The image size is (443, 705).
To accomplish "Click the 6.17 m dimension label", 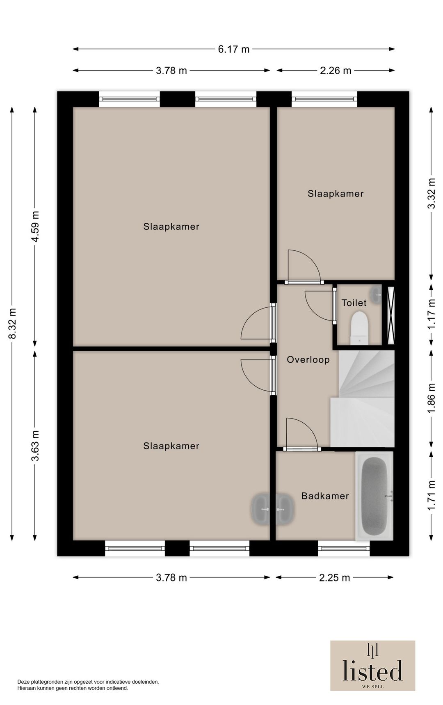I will coord(233,49).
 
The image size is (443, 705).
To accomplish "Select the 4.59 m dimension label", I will coord(35,226).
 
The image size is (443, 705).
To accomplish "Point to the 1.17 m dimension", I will coord(431,314).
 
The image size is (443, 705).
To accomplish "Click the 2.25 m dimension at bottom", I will coord(334,578).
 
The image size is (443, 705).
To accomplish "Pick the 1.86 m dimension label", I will coord(431,398).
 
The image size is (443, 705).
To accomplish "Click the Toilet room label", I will coord(354,303).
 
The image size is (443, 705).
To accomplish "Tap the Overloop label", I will coord(308,360).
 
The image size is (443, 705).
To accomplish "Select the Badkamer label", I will coord(325,496).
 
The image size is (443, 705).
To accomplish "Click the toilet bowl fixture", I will coord(360,327).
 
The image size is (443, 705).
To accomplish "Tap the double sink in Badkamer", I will coord(273,509).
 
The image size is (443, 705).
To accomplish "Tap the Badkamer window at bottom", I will coord(344,548).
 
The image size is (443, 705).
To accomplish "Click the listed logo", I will coord(372,665).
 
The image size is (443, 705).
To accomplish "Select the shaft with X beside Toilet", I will coord(391,314).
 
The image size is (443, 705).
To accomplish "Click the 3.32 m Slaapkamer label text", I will coord(336,194).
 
